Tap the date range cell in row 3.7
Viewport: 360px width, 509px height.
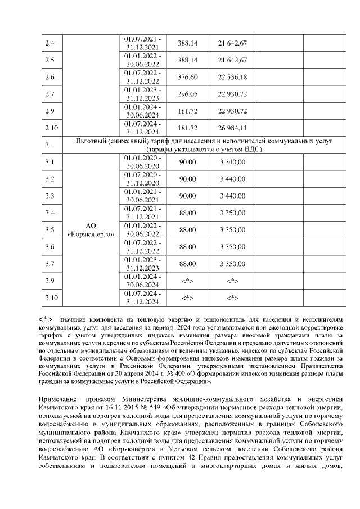pos(142,263)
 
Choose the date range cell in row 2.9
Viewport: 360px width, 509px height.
pos(142,110)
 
